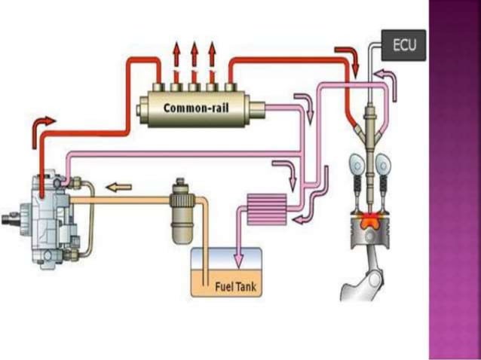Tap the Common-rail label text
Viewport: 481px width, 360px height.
197,107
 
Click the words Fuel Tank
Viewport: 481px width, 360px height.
236,285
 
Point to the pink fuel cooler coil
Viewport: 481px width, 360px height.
266,209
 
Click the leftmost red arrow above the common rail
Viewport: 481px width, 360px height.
176,56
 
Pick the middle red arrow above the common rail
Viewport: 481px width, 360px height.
194,56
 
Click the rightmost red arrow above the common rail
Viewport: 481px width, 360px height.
211,56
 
